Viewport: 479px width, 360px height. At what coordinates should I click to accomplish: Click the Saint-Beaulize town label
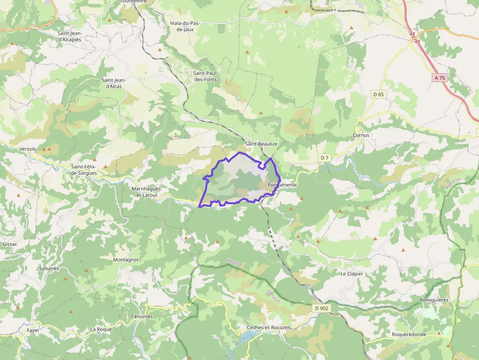tap(261, 144)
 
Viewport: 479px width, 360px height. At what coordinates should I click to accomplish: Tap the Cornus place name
tap(361, 135)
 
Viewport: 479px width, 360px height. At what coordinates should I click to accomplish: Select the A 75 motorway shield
tap(439, 78)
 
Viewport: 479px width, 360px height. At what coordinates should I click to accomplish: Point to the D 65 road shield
tap(378, 94)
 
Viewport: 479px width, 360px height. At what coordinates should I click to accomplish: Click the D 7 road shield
tap(325, 157)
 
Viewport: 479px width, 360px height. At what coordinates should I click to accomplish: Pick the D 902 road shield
tap(321, 308)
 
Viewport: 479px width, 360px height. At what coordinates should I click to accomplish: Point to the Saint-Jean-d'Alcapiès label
tap(69, 36)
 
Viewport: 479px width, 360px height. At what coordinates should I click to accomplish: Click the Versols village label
tap(27, 148)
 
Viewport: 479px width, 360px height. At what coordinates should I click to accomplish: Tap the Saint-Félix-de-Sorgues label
tap(84, 169)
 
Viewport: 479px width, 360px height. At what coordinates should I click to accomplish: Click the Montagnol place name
tap(126, 259)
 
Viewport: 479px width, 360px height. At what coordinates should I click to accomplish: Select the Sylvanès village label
tap(48, 268)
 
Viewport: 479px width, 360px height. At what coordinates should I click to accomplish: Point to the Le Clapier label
tap(352, 274)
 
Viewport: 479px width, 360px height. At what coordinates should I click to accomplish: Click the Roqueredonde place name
tap(409, 334)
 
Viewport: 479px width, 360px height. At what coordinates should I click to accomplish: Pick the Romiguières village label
tap(434, 299)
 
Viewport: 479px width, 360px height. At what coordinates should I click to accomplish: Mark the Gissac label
tap(10, 243)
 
